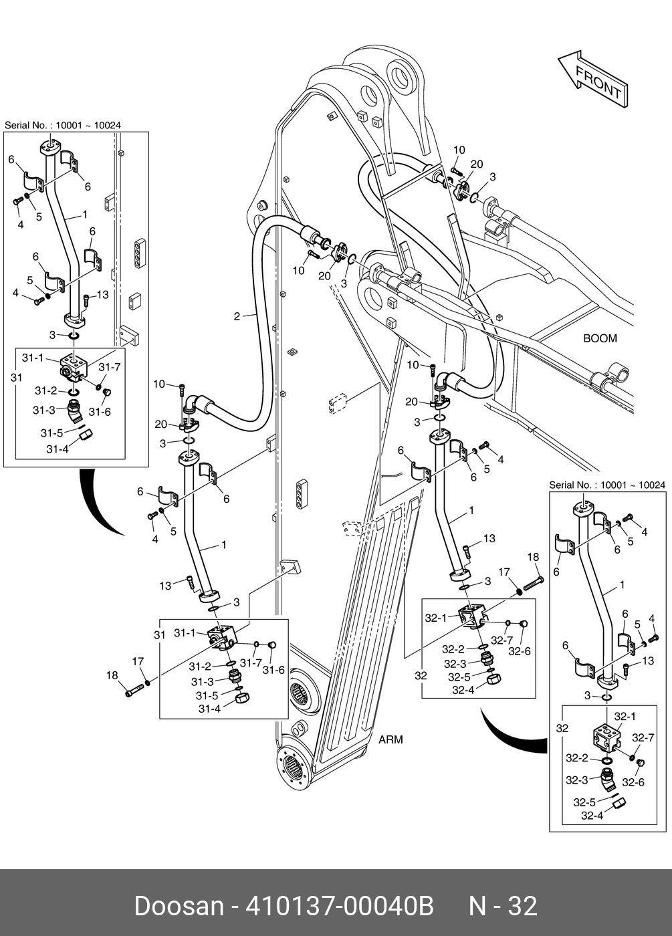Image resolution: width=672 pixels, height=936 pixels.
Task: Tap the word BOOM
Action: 600,338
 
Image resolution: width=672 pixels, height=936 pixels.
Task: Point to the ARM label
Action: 390,739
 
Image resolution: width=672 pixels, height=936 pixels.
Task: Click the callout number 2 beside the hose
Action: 237,316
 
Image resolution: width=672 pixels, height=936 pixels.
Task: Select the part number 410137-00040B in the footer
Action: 340,906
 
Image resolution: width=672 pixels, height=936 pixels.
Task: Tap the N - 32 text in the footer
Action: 502,906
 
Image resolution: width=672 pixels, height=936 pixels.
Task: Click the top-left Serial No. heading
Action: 63,125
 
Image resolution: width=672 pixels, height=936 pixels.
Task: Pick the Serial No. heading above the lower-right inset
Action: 606,485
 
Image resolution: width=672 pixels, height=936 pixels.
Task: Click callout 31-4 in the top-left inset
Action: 58,449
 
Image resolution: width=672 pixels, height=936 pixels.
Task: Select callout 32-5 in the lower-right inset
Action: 584,802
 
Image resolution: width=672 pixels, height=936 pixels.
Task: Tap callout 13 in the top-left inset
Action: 102,295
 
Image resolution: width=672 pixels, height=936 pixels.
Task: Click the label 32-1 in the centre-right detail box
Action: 436,618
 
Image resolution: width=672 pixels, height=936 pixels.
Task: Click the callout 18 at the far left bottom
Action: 112,675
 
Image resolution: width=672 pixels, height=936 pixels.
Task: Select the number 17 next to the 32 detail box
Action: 503,572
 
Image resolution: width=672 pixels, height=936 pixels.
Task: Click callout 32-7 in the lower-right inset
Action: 643,738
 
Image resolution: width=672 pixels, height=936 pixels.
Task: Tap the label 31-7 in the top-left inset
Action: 110,367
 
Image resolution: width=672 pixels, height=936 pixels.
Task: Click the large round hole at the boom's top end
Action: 404,76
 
